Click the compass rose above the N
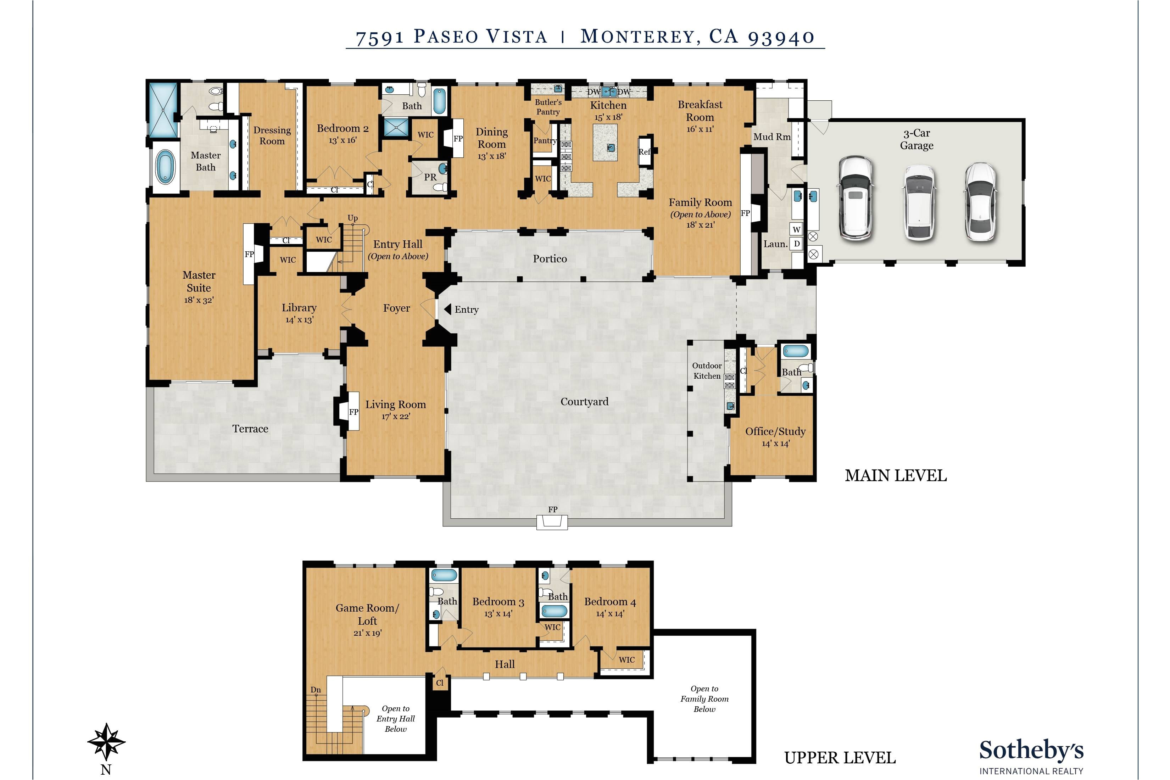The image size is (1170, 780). click(x=106, y=742)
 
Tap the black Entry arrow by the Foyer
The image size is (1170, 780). click(x=447, y=310)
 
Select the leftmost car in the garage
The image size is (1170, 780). click(x=856, y=197)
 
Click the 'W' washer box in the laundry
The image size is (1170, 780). click(x=796, y=229)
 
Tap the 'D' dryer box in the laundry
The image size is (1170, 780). click(x=796, y=244)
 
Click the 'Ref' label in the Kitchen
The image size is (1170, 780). click(x=645, y=152)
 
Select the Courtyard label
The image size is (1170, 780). click(x=585, y=401)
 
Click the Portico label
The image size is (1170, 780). click(x=550, y=259)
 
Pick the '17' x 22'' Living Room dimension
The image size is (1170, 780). click(x=396, y=416)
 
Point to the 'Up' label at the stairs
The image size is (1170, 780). click(x=353, y=218)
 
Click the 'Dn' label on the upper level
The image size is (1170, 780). click(x=316, y=690)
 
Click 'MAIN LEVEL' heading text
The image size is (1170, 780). click(x=896, y=475)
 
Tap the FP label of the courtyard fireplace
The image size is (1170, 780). click(x=553, y=509)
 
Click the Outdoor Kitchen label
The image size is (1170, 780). click(x=707, y=370)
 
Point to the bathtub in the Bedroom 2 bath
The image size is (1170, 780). click(x=440, y=101)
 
